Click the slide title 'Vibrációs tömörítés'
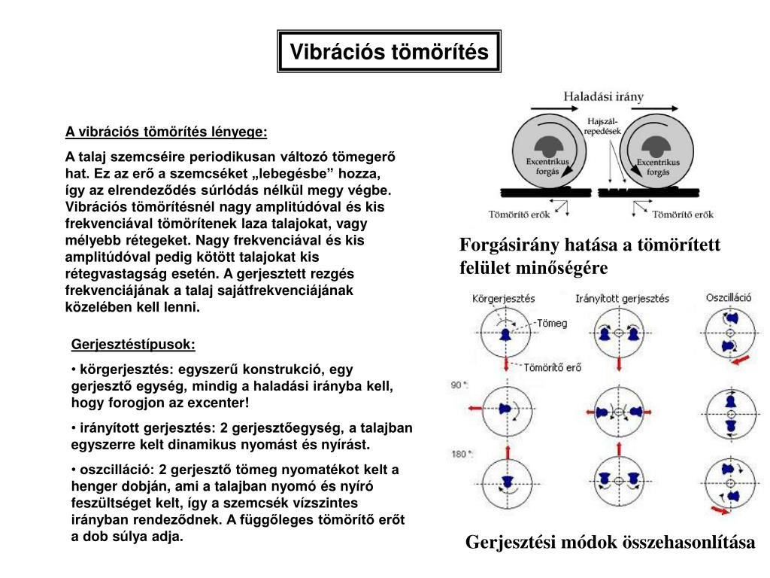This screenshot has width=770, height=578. click(x=389, y=52)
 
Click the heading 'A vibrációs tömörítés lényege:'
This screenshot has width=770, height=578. click(x=165, y=132)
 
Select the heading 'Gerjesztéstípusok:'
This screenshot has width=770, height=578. click(x=133, y=345)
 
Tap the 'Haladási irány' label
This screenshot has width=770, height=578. click(x=604, y=96)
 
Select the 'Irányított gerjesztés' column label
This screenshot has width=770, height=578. click(x=622, y=298)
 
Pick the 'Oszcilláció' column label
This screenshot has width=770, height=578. click(x=729, y=297)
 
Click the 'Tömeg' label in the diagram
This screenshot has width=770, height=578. click(x=552, y=323)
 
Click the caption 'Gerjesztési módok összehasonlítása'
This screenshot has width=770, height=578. click(x=610, y=542)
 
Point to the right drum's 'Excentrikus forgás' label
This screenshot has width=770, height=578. click(x=658, y=166)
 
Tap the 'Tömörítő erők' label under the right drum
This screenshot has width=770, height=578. click(x=682, y=214)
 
